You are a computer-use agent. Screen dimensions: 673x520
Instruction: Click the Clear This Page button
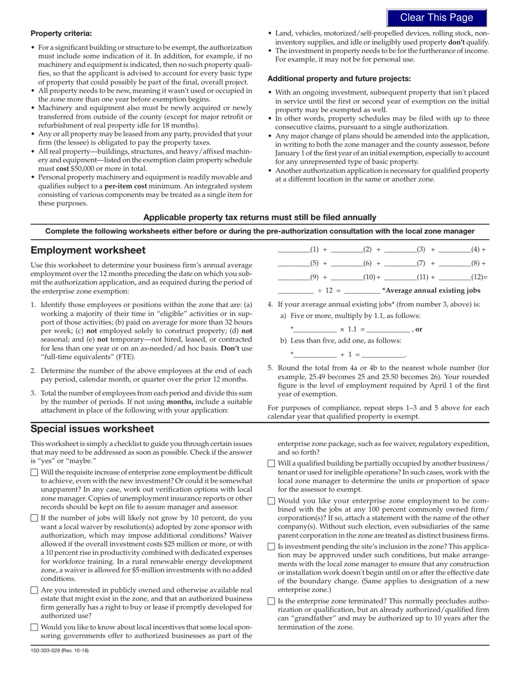(436, 18)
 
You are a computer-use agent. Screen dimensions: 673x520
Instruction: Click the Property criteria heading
(61, 33)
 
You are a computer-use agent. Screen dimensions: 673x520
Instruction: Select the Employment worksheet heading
(88, 250)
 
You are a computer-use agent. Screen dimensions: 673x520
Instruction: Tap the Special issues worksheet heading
(92, 428)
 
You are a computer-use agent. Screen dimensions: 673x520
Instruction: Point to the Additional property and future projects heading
(339, 78)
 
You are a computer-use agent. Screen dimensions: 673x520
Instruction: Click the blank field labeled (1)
(293, 250)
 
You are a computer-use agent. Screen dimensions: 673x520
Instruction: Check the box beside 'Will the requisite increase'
(34, 472)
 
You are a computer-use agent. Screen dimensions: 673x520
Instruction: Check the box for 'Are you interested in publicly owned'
(34, 590)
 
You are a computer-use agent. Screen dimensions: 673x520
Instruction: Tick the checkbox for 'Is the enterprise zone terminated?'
(271, 601)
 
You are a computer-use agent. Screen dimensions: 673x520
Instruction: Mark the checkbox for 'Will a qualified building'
(271, 463)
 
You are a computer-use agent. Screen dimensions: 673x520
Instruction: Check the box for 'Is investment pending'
(271, 547)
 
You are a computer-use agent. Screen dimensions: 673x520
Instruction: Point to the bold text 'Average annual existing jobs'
(433, 291)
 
